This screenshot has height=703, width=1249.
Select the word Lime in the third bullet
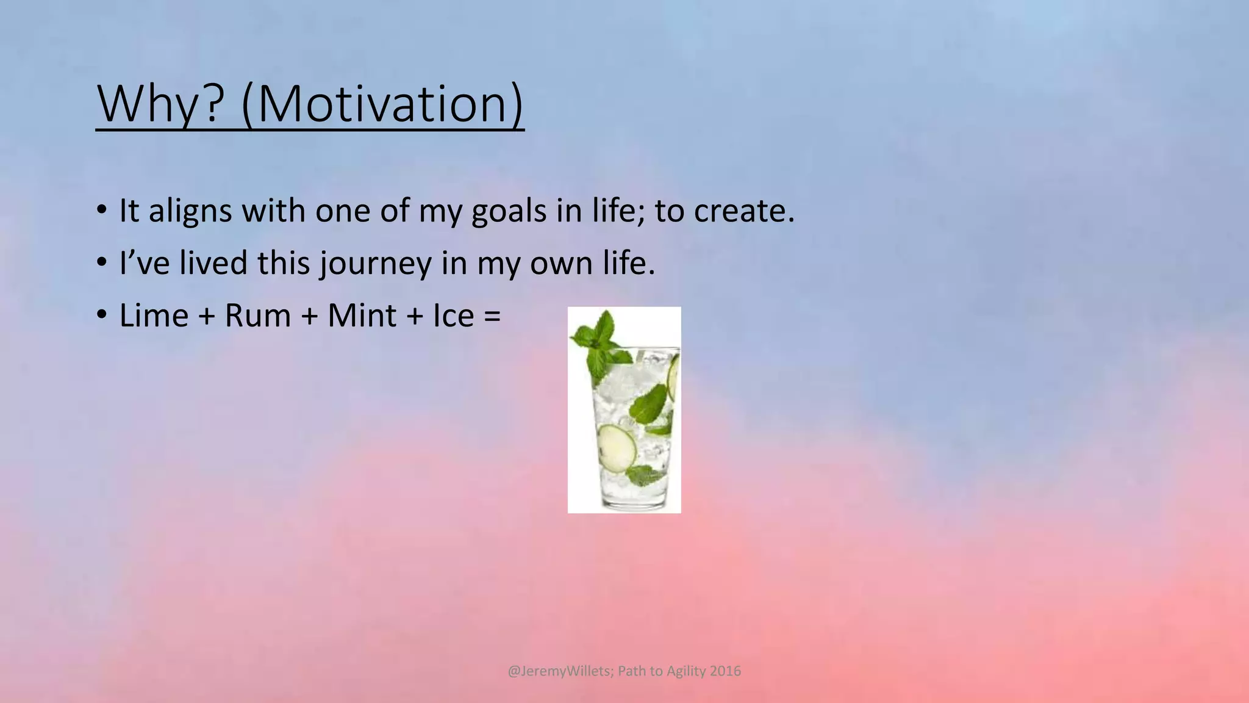tap(154, 316)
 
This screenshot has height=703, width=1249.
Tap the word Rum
tap(257, 316)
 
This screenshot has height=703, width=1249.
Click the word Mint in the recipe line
tap(362, 316)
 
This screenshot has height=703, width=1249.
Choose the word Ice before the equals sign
tap(453, 316)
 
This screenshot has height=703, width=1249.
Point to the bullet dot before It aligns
tap(101, 211)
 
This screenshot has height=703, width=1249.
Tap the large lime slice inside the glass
tap(616, 445)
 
